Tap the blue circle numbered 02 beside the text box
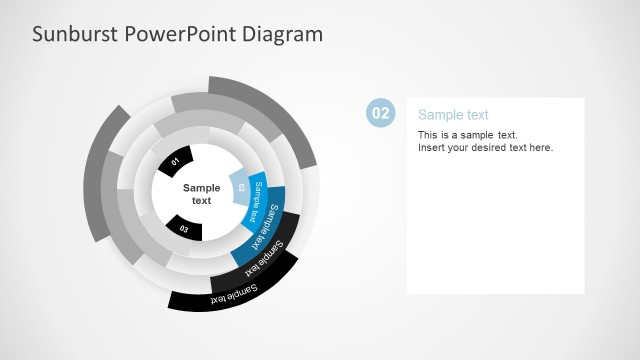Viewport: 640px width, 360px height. pyautogui.click(x=381, y=114)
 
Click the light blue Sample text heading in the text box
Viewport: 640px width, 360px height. pyautogui.click(x=453, y=115)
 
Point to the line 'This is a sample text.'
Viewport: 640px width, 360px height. pyautogui.click(x=467, y=135)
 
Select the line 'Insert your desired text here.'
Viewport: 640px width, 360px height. pyautogui.click(x=485, y=148)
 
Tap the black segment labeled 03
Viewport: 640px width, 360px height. pyautogui.click(x=184, y=228)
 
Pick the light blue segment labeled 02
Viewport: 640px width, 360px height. pyautogui.click(x=240, y=186)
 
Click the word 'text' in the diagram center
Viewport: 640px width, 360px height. pyautogui.click(x=201, y=201)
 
